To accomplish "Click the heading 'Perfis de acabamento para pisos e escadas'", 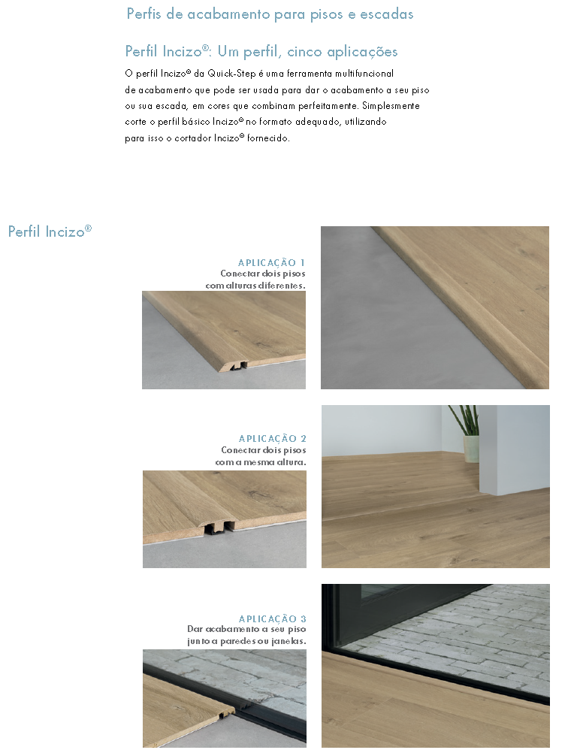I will click(x=270, y=14).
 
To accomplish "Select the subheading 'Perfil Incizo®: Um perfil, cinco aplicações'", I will click(x=261, y=52).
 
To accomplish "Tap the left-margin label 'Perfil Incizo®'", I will click(x=50, y=231).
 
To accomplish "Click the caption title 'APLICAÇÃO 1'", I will click(x=271, y=262).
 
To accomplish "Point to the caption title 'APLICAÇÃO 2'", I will click(x=272, y=438).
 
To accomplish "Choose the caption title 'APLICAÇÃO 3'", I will click(x=272, y=618).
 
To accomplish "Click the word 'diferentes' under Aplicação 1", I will click(x=282, y=286).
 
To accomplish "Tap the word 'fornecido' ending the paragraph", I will click(x=267, y=138).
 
